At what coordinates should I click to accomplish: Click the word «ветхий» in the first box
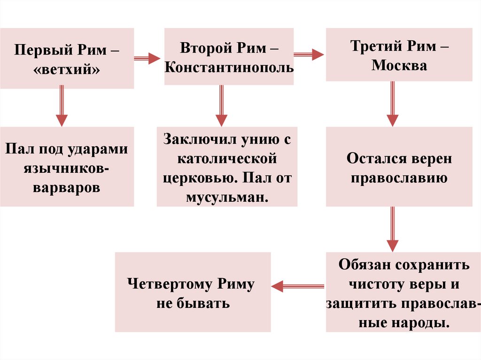coord(67,69)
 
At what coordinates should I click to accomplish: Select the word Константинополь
coord(229,68)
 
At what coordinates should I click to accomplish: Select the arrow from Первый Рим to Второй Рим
coord(147,58)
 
